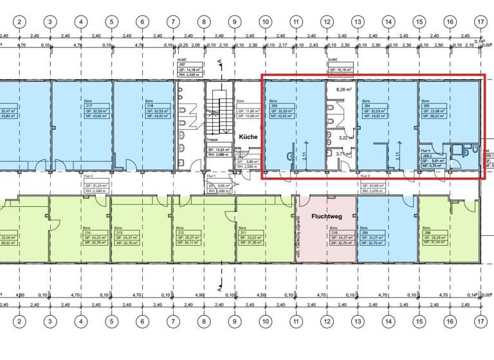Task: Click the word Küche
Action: pos(249,138)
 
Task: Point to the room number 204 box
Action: pos(367,106)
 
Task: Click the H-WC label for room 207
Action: pos(181,60)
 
